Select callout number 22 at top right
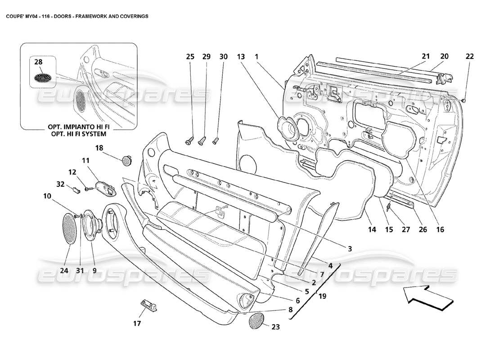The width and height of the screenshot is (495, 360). point(469,57)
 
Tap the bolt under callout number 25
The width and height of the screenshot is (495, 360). point(189,140)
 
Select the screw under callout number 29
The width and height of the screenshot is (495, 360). point(202,140)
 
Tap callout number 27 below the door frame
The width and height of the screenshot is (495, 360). point(405,229)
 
